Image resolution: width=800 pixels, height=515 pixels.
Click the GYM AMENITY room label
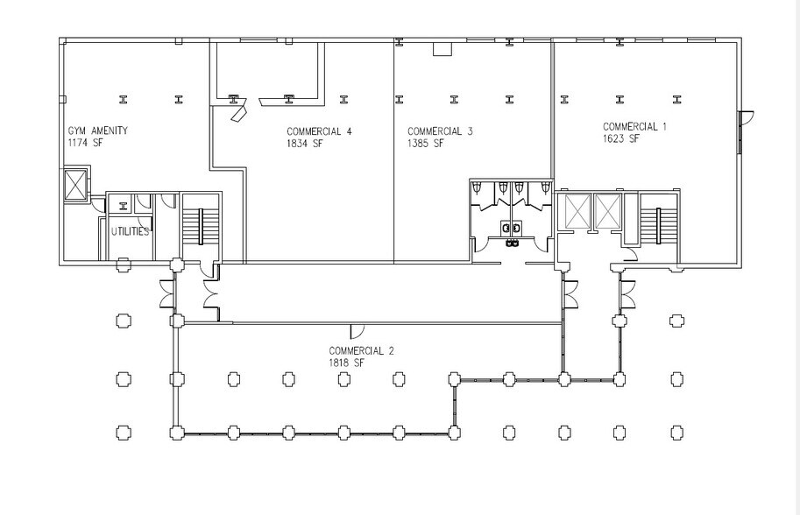point(97,131)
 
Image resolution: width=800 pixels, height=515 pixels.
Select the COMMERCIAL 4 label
point(319,132)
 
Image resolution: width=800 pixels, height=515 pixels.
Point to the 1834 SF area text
point(305,144)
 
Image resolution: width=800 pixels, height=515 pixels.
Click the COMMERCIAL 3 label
point(440,132)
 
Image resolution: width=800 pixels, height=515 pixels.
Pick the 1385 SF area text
point(426,144)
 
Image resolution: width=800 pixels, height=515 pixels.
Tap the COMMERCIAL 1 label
point(634,127)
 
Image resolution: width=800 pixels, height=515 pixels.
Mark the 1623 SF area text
point(621,138)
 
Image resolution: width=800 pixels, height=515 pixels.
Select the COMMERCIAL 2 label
point(361,351)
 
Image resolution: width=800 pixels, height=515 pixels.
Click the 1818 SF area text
point(347,363)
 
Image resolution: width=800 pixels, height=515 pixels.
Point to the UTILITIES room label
point(129,232)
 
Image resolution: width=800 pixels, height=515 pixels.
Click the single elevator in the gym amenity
point(75,186)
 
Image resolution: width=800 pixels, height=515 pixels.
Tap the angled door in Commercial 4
point(238,112)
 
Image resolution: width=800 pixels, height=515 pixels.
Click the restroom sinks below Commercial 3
point(511,229)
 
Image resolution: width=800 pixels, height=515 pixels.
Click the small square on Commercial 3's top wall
point(442,49)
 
